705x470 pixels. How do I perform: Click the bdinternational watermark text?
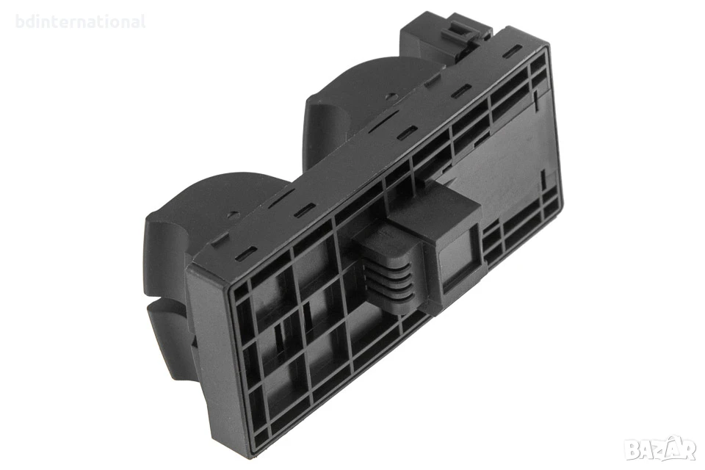click(81, 21)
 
